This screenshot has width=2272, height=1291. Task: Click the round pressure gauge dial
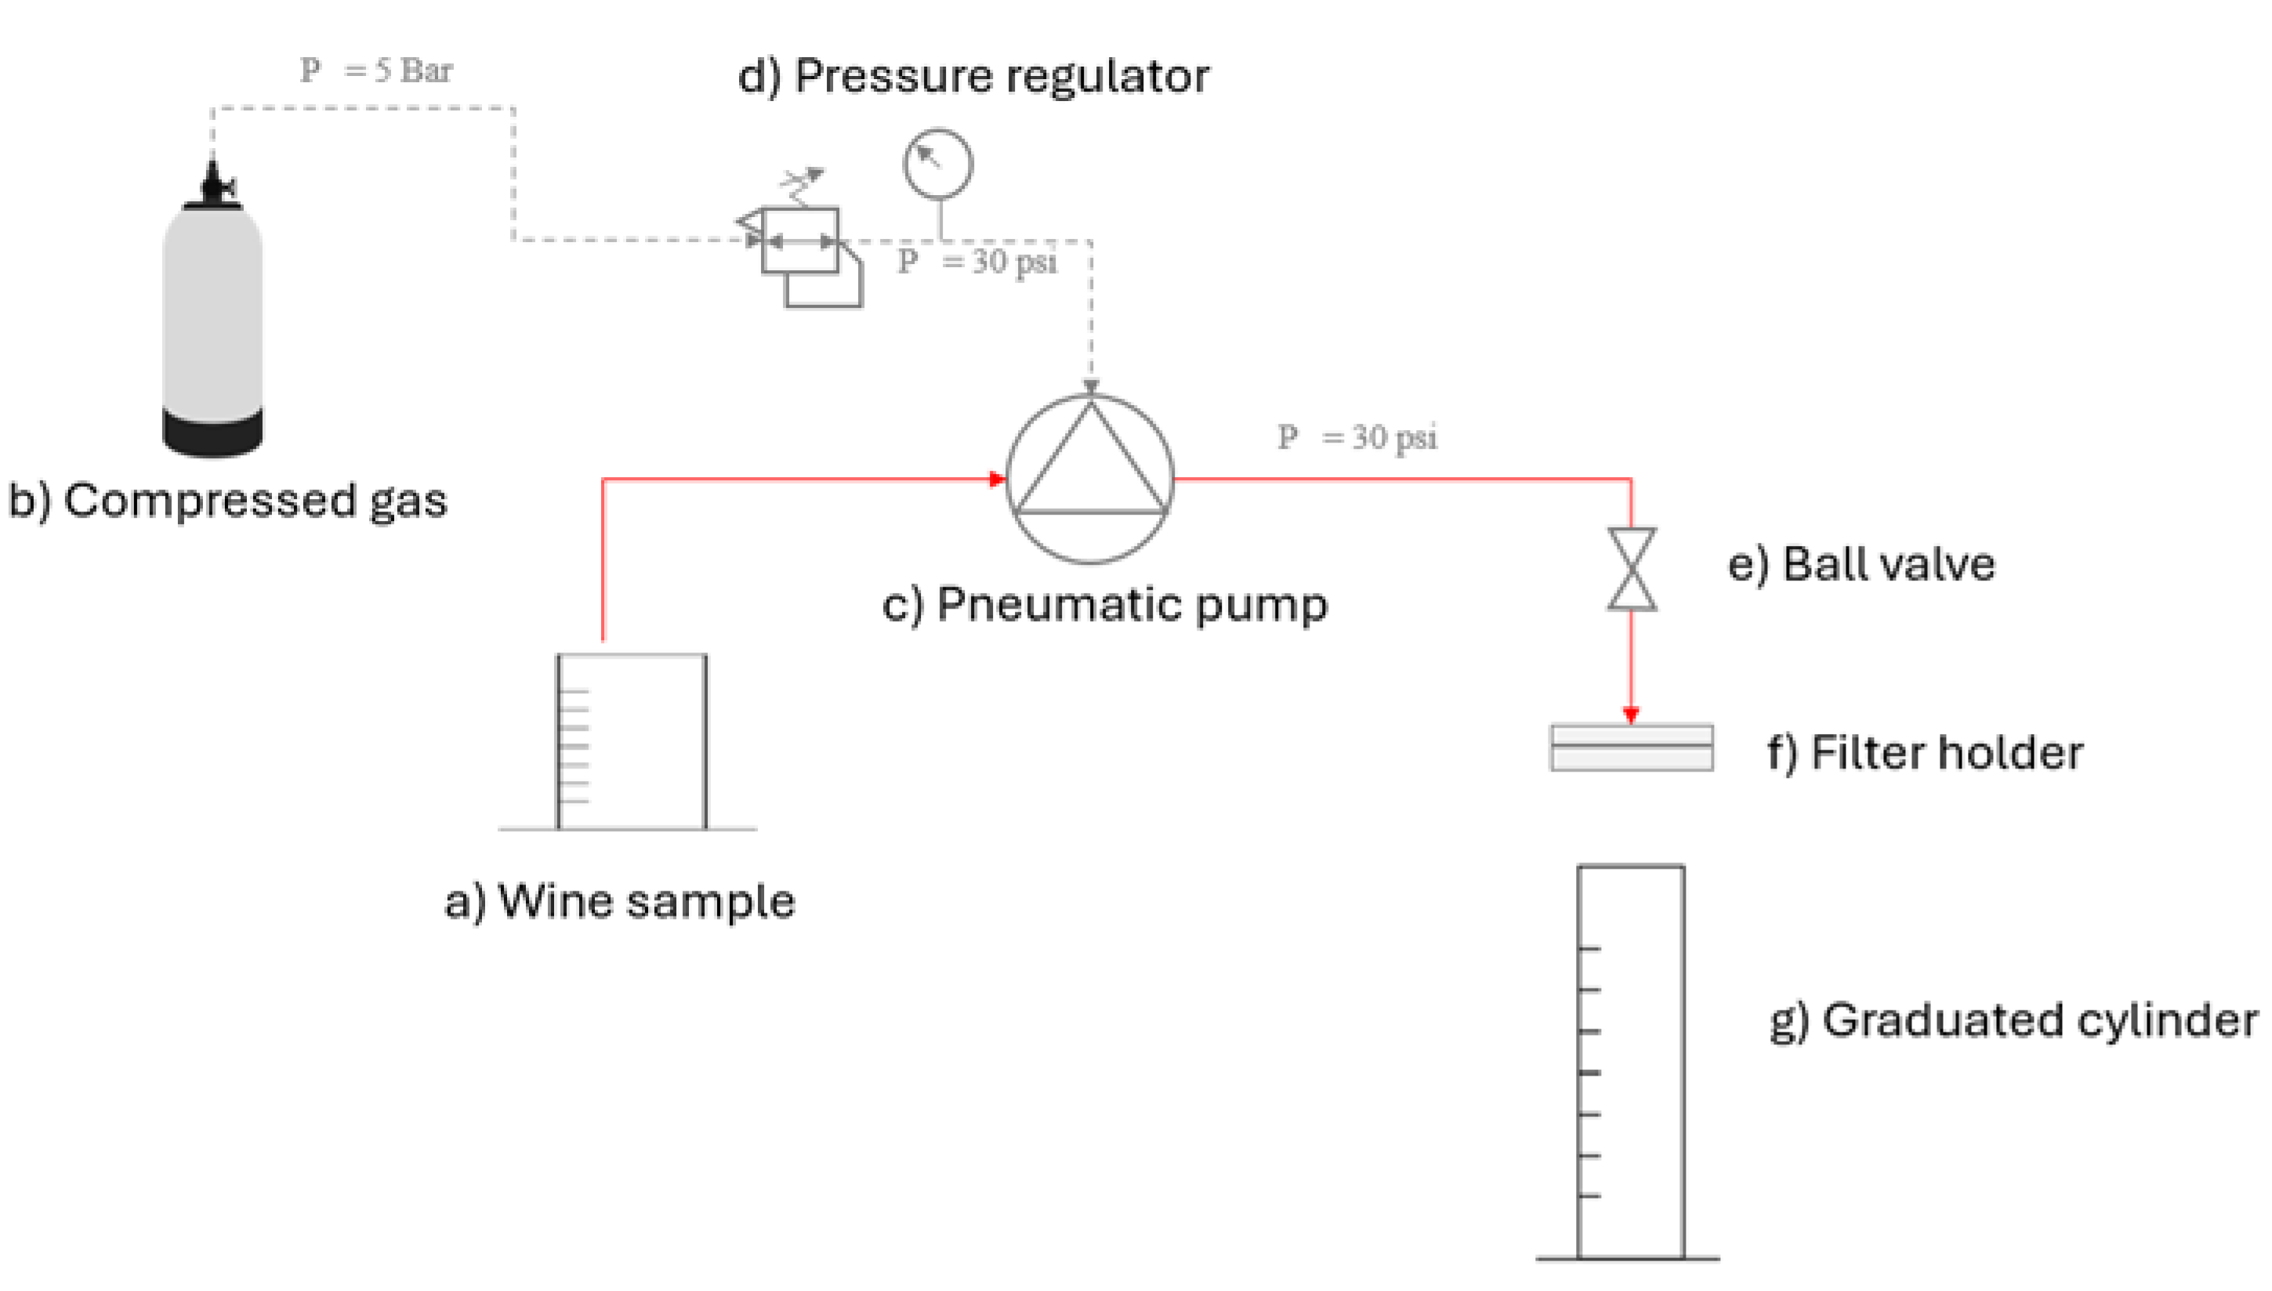[x=937, y=164]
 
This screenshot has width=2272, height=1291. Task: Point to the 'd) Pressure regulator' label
[x=973, y=76]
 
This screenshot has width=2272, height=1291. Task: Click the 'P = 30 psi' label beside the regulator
[x=977, y=262]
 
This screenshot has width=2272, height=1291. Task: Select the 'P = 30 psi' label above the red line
[x=1357, y=437]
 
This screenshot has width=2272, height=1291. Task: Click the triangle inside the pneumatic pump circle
[x=1090, y=470]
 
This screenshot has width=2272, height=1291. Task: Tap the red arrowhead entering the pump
[x=998, y=479]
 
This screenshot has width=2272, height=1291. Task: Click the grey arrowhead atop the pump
[x=1091, y=388]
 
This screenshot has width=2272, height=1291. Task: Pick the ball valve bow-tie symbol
[x=1631, y=570]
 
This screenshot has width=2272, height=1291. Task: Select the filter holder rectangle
[x=1631, y=747]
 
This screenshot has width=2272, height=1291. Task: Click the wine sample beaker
[x=632, y=742]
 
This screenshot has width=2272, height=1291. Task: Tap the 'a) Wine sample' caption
[x=620, y=902]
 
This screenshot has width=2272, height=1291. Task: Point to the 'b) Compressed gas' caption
[x=228, y=501]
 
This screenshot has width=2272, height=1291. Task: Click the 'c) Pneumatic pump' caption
[x=1104, y=606]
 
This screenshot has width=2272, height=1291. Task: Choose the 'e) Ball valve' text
[x=1861, y=565]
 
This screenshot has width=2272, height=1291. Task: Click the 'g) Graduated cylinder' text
[x=2013, y=1021]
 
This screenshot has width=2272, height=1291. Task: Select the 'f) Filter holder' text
[x=1924, y=754]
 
